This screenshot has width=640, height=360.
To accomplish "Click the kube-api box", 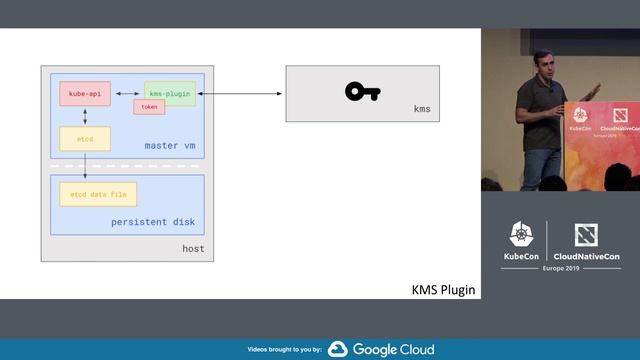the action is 85,93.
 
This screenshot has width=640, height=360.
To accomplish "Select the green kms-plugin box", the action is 169,93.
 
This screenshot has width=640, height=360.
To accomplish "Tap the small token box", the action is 149,107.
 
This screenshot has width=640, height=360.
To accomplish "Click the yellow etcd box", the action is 85,139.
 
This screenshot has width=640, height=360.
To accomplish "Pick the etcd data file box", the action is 97,194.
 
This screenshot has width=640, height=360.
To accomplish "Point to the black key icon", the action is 362,92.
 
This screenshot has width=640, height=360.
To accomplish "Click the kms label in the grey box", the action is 421,108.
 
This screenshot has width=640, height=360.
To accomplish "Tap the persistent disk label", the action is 153,221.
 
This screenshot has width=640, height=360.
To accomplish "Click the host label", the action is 192,249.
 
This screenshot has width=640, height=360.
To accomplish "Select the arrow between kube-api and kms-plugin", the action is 127,93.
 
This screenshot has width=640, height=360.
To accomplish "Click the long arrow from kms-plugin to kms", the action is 240,94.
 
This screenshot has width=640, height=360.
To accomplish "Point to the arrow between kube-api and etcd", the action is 85,117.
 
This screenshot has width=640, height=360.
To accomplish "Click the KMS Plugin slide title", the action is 443,290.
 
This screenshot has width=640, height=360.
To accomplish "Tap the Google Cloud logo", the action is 381,349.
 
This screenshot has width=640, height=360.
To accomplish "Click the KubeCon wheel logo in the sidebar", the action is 520,236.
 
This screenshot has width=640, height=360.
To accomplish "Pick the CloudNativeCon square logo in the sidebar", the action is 586,236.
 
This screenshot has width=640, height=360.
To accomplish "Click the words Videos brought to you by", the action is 284,350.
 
